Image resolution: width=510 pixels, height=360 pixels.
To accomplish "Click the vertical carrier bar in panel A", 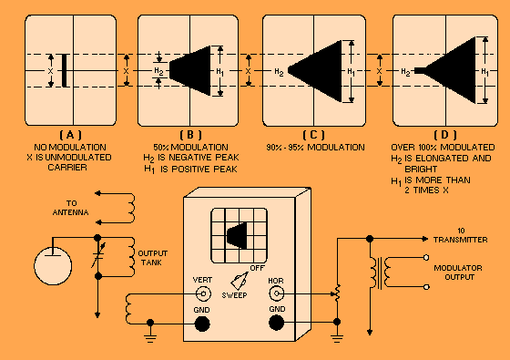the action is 65,71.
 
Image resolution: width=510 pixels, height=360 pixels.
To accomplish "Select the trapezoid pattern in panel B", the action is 190,71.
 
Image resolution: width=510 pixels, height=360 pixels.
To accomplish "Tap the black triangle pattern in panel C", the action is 315,71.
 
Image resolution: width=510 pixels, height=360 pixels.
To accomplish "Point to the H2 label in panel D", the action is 405,72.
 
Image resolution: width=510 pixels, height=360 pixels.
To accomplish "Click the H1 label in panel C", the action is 351,72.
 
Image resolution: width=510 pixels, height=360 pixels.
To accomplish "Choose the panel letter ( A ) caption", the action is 71,135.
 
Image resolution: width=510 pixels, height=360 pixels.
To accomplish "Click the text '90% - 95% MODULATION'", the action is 315,148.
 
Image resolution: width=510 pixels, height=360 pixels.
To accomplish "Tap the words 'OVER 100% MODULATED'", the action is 443,148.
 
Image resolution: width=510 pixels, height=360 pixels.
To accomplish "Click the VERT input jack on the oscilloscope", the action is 203,293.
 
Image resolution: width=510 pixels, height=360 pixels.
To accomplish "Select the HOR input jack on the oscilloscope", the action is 276,293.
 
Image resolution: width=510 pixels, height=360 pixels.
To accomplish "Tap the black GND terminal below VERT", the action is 202,324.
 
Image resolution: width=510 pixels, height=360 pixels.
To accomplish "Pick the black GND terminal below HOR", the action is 277,324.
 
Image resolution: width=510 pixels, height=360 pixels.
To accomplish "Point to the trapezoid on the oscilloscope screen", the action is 237,235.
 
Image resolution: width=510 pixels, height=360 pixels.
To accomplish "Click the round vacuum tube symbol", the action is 53,265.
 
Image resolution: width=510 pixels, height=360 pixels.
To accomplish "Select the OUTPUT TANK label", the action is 153,258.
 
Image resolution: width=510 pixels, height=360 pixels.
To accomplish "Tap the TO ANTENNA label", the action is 71,208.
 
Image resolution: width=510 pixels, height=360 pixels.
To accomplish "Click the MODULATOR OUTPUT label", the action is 458,273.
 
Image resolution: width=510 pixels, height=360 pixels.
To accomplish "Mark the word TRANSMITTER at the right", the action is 460,240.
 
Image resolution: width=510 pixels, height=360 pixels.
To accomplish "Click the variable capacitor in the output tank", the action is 98,256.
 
